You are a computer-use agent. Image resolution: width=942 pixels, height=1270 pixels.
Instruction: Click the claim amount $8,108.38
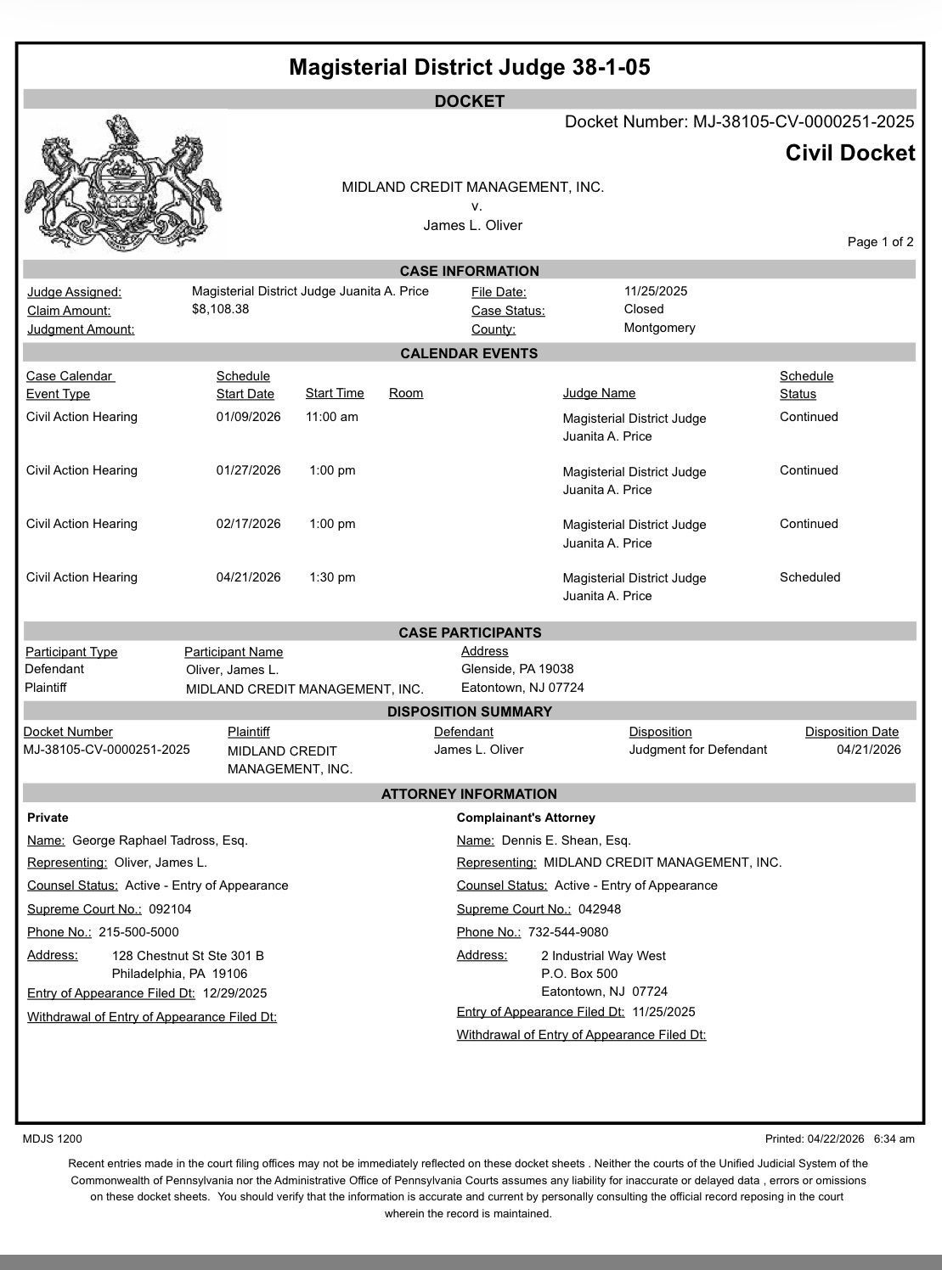pyautogui.click(x=221, y=309)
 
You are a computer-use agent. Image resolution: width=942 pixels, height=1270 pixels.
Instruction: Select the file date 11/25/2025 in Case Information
pyautogui.click(x=656, y=291)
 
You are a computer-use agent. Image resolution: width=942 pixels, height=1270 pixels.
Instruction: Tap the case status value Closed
pyautogui.click(x=644, y=309)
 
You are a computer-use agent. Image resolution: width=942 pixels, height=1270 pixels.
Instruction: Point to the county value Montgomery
pyautogui.click(x=659, y=328)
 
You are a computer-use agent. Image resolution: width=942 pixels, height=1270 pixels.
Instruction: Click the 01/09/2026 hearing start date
pyautogui.click(x=248, y=417)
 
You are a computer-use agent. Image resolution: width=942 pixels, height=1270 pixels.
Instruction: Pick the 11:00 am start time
pyautogui.click(x=332, y=417)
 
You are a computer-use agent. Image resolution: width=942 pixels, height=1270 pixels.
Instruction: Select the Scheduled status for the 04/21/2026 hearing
pyautogui.click(x=809, y=577)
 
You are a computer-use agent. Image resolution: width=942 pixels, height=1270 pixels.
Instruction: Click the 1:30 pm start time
pyautogui.click(x=332, y=577)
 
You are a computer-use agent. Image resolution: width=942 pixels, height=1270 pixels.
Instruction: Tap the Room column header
pyautogui.click(x=406, y=393)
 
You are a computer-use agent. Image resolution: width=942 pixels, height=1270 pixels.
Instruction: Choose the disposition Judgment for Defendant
pyautogui.click(x=697, y=750)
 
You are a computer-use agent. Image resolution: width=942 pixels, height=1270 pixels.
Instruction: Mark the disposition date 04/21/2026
pyautogui.click(x=868, y=750)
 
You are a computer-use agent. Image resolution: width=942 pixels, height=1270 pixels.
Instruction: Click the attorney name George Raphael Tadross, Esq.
pyautogui.click(x=161, y=840)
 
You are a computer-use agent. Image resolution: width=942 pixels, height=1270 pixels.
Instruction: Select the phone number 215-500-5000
pyautogui.click(x=138, y=932)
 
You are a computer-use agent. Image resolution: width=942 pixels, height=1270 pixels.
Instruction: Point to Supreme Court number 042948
pyautogui.click(x=600, y=909)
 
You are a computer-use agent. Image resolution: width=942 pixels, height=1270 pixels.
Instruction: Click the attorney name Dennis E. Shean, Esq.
pyautogui.click(x=567, y=840)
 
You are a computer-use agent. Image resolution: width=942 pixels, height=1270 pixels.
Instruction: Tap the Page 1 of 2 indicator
pyautogui.click(x=880, y=242)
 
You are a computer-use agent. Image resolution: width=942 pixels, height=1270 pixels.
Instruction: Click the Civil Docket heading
pyautogui.click(x=850, y=154)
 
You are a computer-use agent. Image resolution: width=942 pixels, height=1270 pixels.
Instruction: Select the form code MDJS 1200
pyautogui.click(x=53, y=1139)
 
